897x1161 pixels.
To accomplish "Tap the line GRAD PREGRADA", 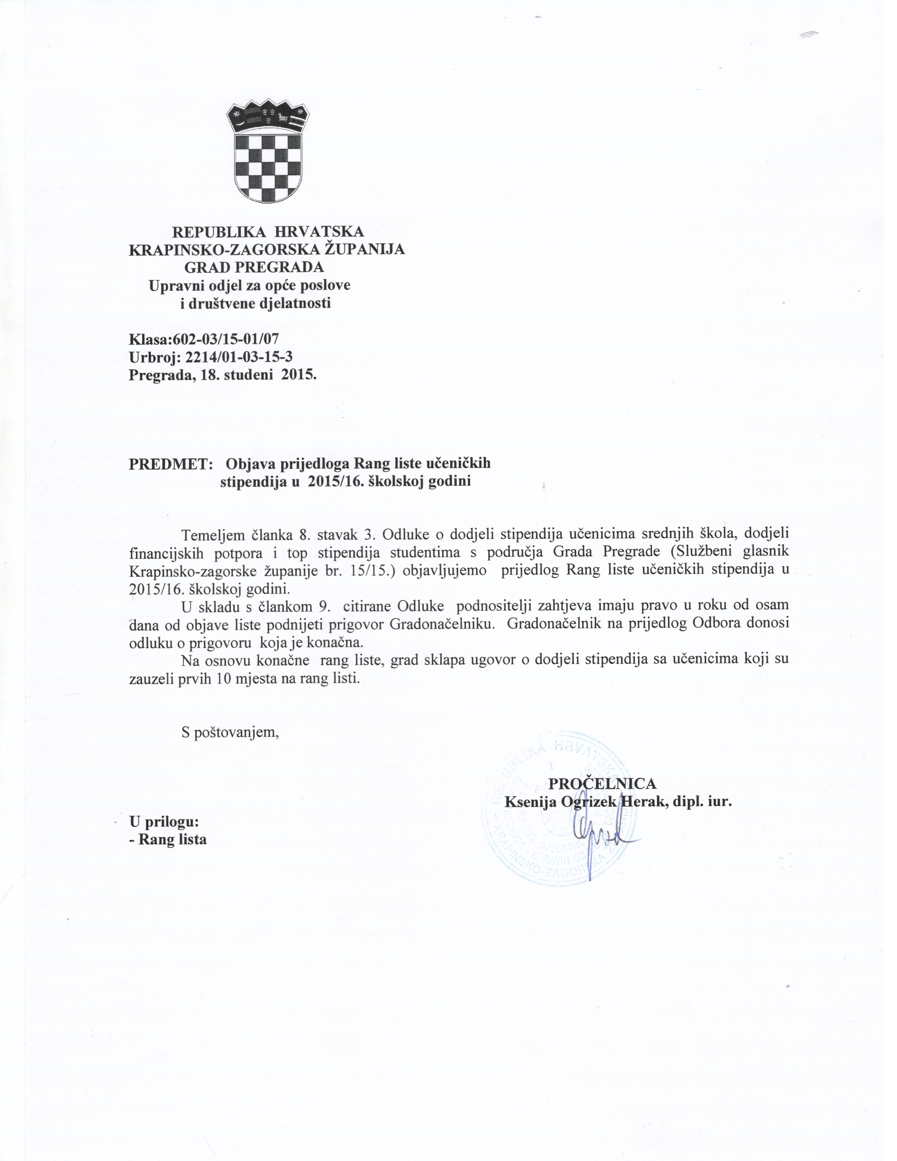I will [x=254, y=267].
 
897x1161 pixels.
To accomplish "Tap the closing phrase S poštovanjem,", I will [x=230, y=732].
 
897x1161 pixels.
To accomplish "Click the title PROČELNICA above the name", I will [x=602, y=783].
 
